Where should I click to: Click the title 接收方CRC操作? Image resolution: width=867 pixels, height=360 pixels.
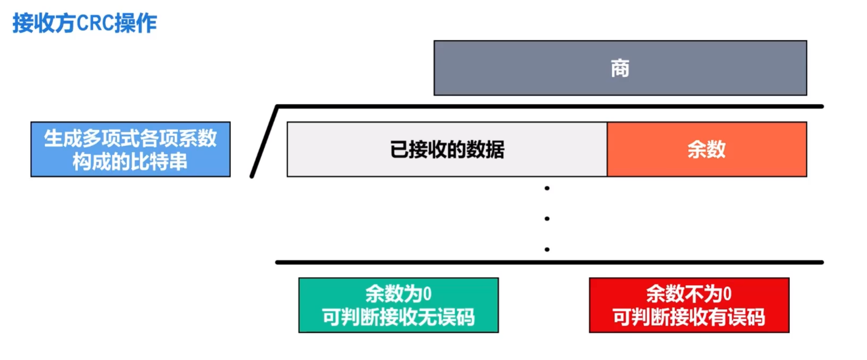tap(84, 23)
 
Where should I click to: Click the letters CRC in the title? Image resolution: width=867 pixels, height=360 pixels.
tap(95, 23)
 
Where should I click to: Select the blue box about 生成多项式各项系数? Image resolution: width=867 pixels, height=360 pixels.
tap(130, 149)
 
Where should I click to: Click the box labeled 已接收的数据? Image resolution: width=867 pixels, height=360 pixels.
tap(447, 149)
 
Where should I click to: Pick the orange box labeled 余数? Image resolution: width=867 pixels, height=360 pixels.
tap(706, 149)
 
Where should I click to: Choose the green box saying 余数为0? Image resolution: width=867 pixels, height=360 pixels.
tap(398, 305)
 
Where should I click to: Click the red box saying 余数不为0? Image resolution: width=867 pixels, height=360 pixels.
tap(689, 305)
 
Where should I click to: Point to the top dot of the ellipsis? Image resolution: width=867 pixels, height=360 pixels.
tap(547, 188)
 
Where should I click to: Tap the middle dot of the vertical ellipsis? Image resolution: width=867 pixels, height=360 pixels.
tap(547, 219)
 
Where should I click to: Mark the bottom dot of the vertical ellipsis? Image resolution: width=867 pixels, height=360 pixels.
tap(547, 249)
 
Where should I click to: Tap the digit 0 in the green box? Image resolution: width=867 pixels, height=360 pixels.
tap(427, 294)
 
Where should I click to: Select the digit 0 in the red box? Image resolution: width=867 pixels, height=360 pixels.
tap(727, 294)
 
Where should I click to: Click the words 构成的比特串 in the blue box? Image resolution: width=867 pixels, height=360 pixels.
tap(130, 162)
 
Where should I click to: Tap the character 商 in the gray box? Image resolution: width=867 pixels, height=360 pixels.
tap(620, 68)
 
